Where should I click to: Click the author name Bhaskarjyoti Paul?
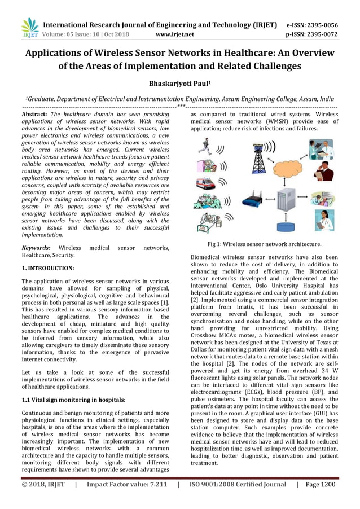179,83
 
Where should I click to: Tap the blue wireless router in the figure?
253,199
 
